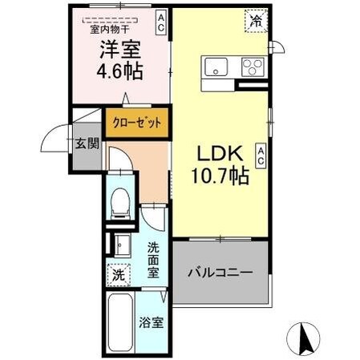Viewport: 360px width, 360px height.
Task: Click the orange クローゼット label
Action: click(x=136, y=123)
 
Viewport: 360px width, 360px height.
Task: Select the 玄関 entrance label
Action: click(x=87, y=145)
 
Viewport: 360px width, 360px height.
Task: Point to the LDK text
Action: click(x=216, y=152)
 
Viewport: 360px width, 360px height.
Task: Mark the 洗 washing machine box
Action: click(x=119, y=274)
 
